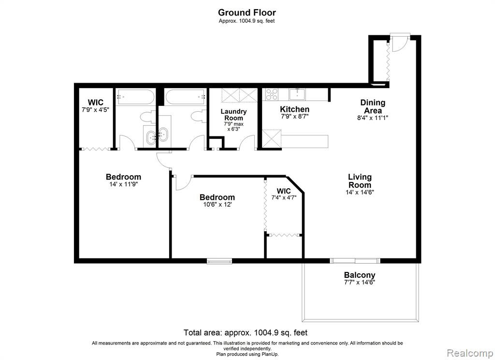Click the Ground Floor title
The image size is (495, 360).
tap(247, 13)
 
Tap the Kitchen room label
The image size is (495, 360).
tap(294, 109)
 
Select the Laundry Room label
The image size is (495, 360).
tap(233, 114)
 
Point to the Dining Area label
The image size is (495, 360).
tap(373, 106)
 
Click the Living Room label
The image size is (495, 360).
tap(360, 181)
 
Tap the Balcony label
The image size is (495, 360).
tap(360, 275)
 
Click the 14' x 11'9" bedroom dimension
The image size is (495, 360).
tap(123, 184)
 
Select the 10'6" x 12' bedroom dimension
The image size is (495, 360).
tap(218, 205)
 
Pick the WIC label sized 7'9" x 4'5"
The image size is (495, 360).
tap(96, 103)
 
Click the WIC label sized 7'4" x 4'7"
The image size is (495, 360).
tap(284, 191)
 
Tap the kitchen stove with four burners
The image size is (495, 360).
tap(272, 94)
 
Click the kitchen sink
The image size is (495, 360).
tap(297, 94)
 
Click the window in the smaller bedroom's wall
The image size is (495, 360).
tap(219, 261)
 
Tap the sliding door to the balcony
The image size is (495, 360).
tap(355, 261)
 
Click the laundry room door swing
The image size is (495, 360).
tap(247, 141)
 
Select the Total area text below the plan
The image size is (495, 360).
tap(246, 332)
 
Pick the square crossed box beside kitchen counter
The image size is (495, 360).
tap(272, 138)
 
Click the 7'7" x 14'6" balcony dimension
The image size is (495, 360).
tap(360, 283)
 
